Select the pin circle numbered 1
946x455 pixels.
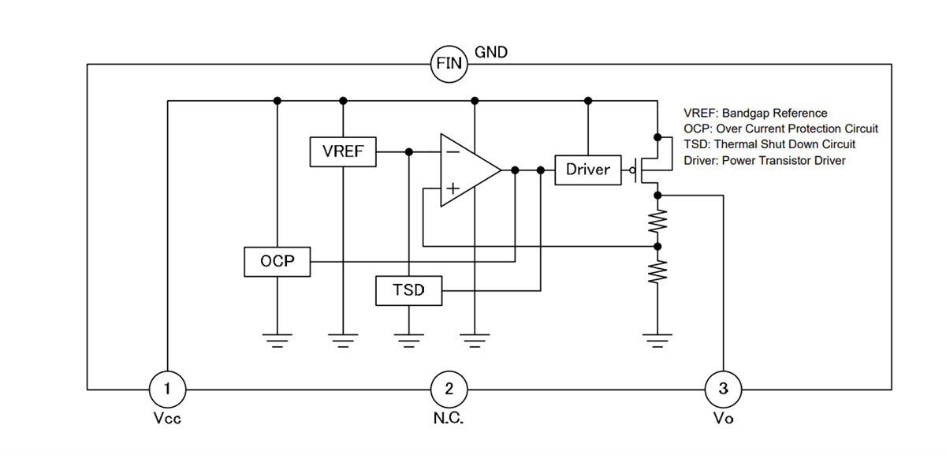pos(167,388)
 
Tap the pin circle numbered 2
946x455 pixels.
pos(449,388)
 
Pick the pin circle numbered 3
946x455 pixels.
pos(723,388)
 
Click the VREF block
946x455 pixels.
pos(343,151)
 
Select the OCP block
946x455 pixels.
pos(277,261)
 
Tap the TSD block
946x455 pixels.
pos(408,290)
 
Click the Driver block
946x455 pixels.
pos(587,170)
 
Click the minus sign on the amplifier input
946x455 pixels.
pos(452,151)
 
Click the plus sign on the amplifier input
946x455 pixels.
pos(452,188)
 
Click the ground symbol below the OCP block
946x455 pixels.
pos(277,340)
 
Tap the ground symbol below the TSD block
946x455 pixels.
pos(408,340)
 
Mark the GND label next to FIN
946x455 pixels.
pos(491,53)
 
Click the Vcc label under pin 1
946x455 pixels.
pos(167,419)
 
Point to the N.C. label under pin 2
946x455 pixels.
pos(449,419)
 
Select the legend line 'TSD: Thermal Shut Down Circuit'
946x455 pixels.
pos(769,144)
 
